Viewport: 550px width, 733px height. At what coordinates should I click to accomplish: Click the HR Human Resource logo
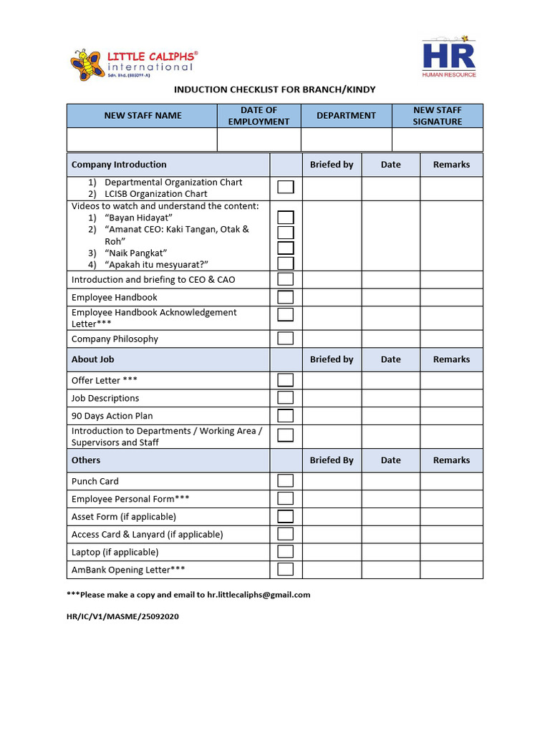point(449,57)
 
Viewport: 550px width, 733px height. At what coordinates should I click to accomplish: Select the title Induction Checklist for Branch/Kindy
point(275,89)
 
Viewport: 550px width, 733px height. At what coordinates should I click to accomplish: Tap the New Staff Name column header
point(143,116)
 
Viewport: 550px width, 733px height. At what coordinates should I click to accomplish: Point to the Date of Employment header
point(259,116)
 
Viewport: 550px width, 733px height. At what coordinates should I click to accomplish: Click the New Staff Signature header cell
point(438,116)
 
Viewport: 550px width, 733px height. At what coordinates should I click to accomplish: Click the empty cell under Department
point(346,139)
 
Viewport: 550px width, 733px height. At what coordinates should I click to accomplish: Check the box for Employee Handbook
point(286,297)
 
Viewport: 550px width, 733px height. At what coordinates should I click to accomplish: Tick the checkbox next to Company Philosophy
point(286,339)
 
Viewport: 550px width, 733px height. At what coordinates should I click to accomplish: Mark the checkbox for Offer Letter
point(286,380)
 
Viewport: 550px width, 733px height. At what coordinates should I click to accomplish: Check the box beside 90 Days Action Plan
point(286,416)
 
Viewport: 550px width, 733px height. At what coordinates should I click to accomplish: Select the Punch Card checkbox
point(286,481)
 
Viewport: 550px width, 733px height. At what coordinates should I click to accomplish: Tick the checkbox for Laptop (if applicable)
point(286,552)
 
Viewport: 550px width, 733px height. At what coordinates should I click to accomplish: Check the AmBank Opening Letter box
point(286,570)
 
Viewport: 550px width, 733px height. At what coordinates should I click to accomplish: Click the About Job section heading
point(93,359)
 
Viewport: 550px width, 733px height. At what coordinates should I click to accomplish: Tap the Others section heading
point(86,460)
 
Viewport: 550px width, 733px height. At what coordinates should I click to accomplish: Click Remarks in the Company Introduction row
point(451,165)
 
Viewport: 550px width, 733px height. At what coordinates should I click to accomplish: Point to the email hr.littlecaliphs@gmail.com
point(259,595)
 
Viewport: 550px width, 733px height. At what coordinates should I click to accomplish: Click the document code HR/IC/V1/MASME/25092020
point(122,616)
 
